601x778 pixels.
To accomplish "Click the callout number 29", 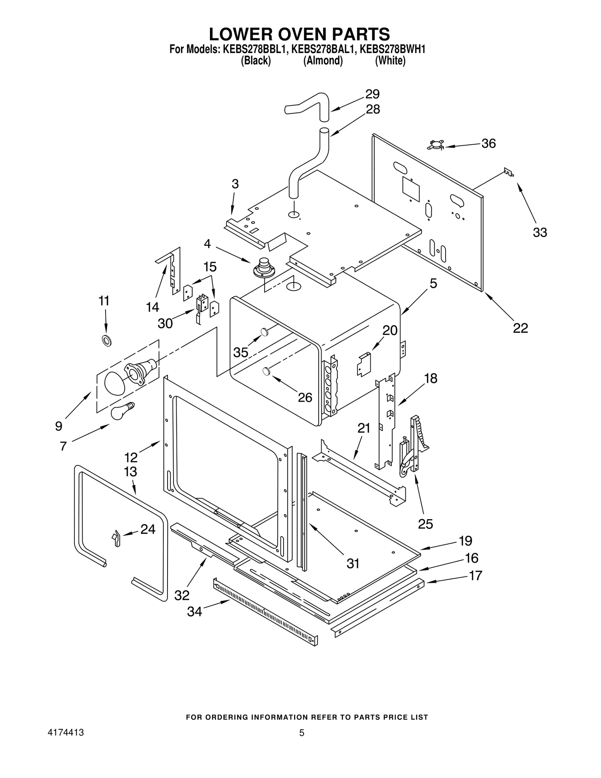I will click(x=372, y=94).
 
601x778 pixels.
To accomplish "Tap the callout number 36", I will click(x=488, y=144).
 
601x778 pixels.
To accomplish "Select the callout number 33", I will click(x=540, y=233).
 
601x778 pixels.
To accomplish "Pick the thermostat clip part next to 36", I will click(x=436, y=145).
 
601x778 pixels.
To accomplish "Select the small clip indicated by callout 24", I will click(x=116, y=538).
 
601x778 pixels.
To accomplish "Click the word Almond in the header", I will click(x=323, y=61).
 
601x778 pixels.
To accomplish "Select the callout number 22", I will click(x=521, y=328).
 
